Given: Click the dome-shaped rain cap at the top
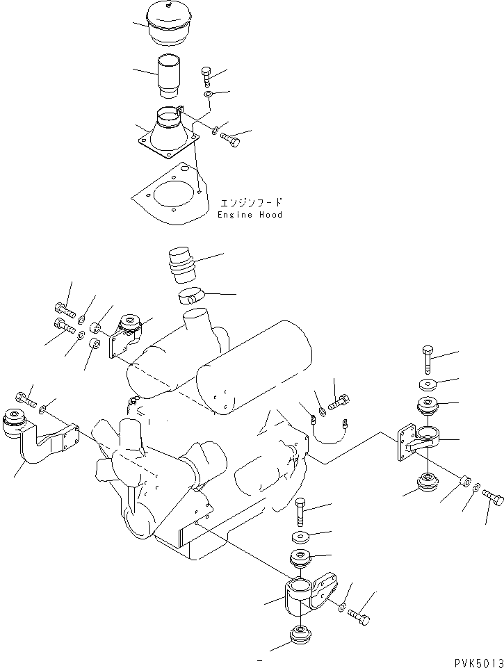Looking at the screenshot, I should pos(170,24).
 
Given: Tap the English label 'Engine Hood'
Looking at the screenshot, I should pos(250,215).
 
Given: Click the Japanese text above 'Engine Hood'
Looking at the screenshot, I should pos(251,203).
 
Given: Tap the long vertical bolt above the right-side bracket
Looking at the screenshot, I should pos(427,361).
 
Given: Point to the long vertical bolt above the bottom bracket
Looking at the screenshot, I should pos(300,513).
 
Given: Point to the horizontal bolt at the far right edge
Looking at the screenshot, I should pos(491,498).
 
